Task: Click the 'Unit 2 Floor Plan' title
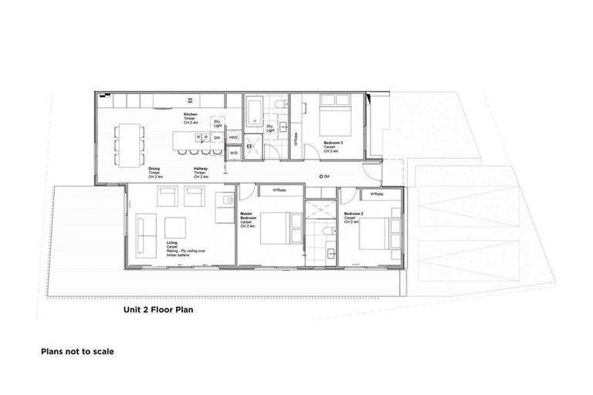(x=158, y=312)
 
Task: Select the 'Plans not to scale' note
(x=77, y=351)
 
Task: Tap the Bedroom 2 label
(x=352, y=215)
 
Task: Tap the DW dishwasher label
(x=218, y=137)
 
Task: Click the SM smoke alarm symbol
(x=322, y=177)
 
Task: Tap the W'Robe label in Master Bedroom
(x=273, y=190)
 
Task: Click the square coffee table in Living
(x=175, y=228)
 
